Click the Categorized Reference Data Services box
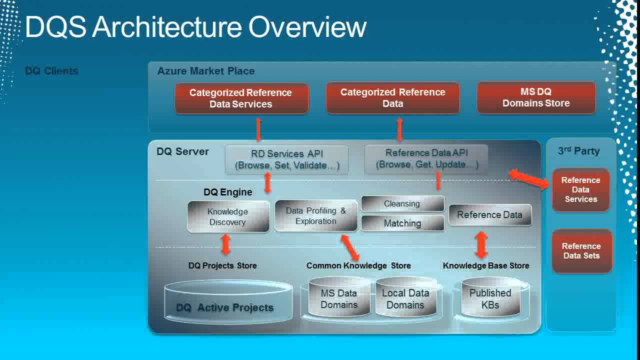pyautogui.click(x=241, y=98)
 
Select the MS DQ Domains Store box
pyautogui.click(x=536, y=97)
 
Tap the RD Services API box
pyautogui.click(x=286, y=159)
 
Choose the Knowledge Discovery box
pyautogui.click(x=228, y=216)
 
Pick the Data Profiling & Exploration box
pyautogui.click(x=315, y=216)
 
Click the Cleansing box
pyautogui.click(x=402, y=203)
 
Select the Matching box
pyautogui.click(x=402, y=223)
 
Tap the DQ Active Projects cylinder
pyautogui.click(x=228, y=301)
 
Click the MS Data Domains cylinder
pyautogui.click(x=338, y=299)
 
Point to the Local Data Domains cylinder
pyautogui.click(x=405, y=299)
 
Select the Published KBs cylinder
pyautogui.click(x=490, y=299)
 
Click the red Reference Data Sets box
pyautogui.click(x=581, y=251)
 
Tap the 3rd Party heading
pyautogui.click(x=578, y=151)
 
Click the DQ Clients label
pyautogui.click(x=51, y=71)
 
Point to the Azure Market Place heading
pyautogui.click(x=206, y=71)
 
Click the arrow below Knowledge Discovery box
pyautogui.click(x=225, y=245)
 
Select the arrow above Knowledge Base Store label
pyautogui.click(x=481, y=245)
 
